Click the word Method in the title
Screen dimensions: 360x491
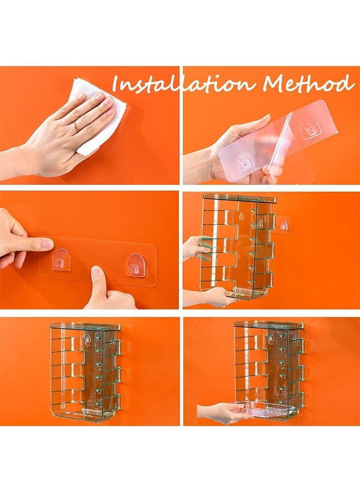[x=309, y=83]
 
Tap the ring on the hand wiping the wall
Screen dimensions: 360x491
[x=76, y=126]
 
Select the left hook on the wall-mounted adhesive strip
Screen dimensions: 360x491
[x=61, y=259]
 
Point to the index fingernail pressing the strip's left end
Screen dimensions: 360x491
[x=47, y=243]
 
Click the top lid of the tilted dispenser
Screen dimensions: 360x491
[x=240, y=197]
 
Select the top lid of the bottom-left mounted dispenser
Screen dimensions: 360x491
[x=86, y=327]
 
